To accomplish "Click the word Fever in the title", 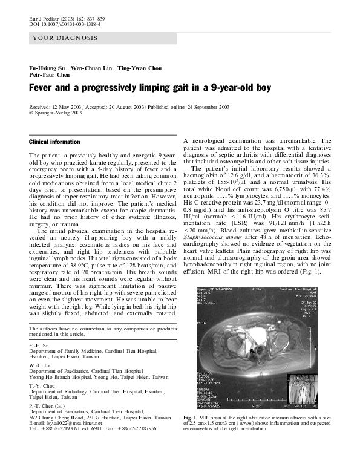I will coord(42,87).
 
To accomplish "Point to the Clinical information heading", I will coord(54,142).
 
